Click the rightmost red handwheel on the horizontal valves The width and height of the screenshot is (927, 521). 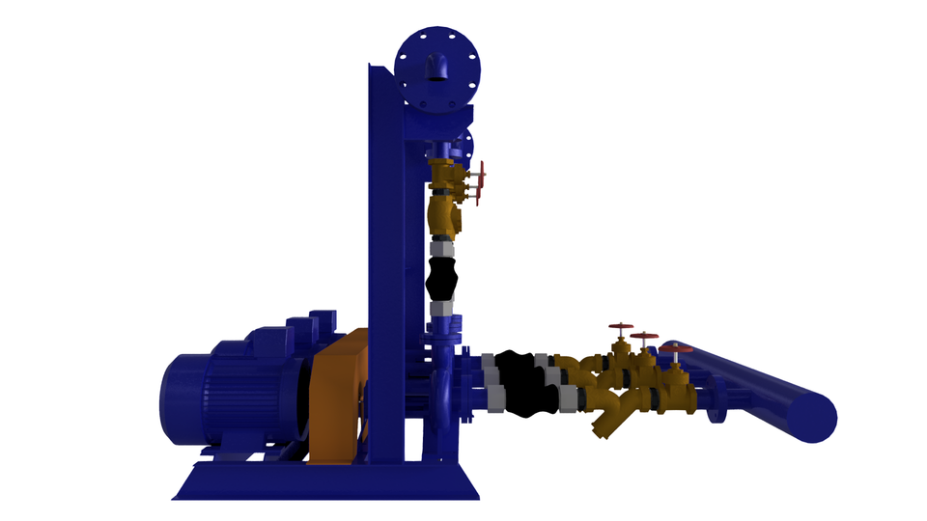click(x=676, y=348)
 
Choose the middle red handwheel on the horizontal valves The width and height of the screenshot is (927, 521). click(x=644, y=337)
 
